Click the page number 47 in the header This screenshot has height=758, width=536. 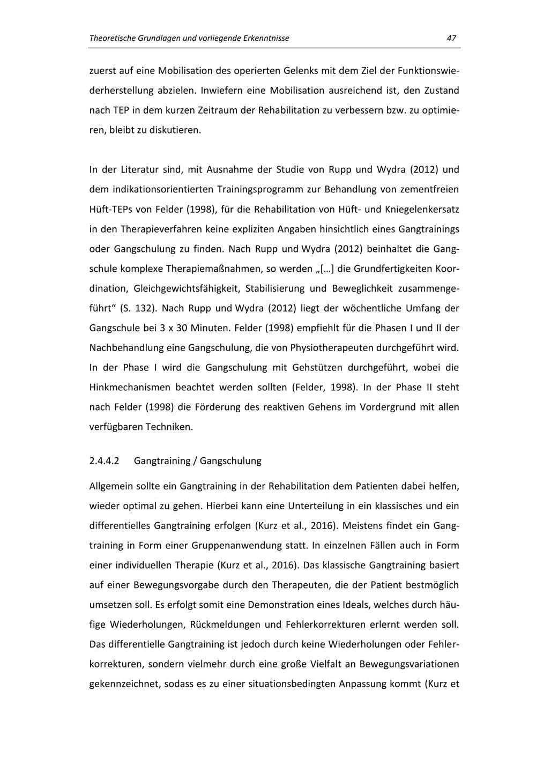pos(451,38)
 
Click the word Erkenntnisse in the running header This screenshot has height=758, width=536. pos(264,38)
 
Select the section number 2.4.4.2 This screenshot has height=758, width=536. pos(105,460)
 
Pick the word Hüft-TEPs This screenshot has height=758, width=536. pos(110,209)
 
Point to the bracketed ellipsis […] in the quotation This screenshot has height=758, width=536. pos(326,269)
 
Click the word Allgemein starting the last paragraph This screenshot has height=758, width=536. pos(111,486)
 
